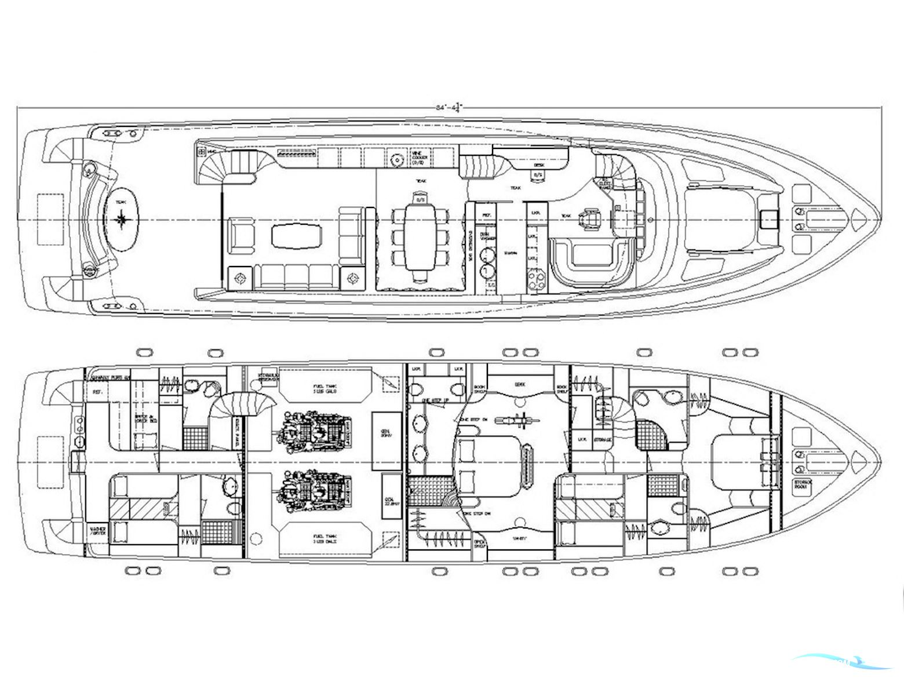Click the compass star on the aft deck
[x=122, y=219]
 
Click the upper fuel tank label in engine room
[x=327, y=388]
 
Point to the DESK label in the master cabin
[x=519, y=384]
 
